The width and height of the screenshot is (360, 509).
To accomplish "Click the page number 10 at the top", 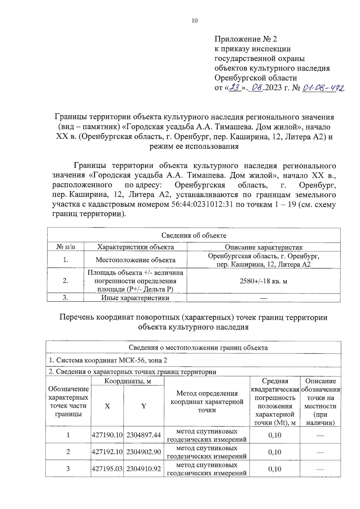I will pos(194,21).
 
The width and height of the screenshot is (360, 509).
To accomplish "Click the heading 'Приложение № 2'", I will pos(245,39).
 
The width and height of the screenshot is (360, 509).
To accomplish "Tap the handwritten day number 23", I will pos(235,88).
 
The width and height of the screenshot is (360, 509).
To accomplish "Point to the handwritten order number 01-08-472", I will pos(323,88).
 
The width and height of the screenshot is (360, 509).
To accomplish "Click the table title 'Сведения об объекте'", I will pos(194,235).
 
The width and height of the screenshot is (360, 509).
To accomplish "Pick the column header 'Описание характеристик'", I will pos(264,247).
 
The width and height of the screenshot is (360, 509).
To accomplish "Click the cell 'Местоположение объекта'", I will pos(135,260).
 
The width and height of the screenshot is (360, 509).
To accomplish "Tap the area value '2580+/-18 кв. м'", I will pos(263,281).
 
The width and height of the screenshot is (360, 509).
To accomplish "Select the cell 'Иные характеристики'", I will pos(135,298).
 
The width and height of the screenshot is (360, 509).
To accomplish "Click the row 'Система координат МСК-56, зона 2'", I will pos(108,360).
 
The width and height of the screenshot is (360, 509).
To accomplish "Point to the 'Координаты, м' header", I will pos(127,381).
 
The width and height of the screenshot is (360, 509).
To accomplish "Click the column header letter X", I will pos(107,406).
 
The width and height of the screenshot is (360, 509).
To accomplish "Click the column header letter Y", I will pos(144,406).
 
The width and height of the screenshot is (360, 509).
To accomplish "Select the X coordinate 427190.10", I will pos(107,435).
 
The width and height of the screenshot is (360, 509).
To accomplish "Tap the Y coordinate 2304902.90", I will pos(144,452).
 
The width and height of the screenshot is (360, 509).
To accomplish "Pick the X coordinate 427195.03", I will pos(107,469).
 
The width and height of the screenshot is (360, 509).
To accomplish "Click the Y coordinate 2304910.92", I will pos(144,469).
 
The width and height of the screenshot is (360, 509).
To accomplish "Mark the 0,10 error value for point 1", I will pos(274,435).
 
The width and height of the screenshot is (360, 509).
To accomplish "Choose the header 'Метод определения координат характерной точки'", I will pos(207,402).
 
